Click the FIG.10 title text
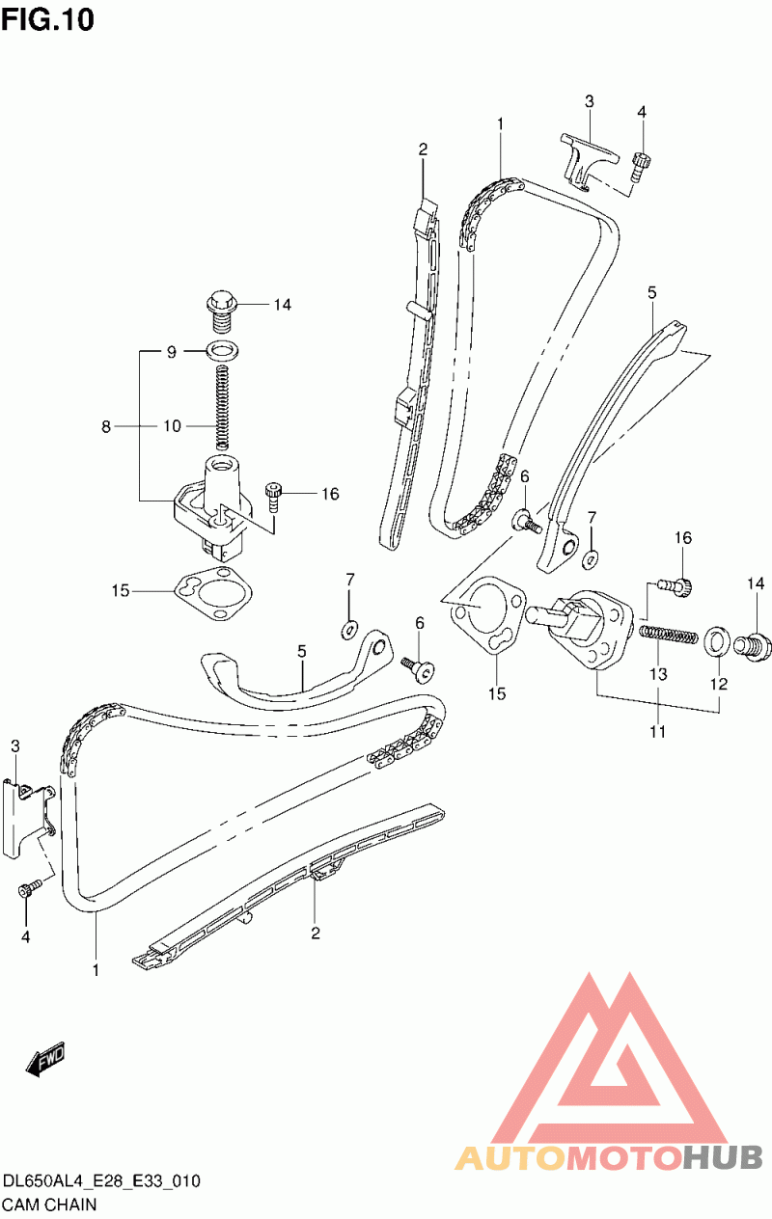tap(48, 20)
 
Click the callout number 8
tap(106, 426)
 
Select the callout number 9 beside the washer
tap(172, 352)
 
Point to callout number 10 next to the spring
tap(172, 426)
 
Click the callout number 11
tap(658, 731)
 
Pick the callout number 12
tap(719, 684)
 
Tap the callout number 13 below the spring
tap(658, 674)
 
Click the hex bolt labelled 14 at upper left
tap(223, 311)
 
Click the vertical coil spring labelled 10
tap(222, 408)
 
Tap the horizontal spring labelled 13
tap(669, 635)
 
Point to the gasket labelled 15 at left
tap(213, 594)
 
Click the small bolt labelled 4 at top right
tap(640, 167)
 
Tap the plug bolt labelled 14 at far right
tap(753, 646)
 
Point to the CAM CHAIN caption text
tap(49, 1205)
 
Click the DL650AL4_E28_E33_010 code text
tap(102, 1180)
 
